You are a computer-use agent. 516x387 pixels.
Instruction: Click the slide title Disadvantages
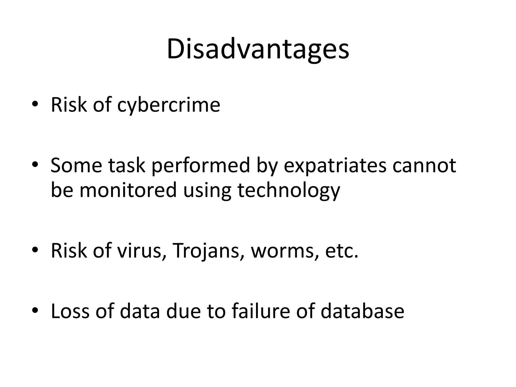click(x=258, y=49)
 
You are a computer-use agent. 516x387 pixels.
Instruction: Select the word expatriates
click(x=335, y=166)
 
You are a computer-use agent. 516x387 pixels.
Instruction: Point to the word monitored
click(x=128, y=190)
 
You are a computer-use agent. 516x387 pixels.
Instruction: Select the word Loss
click(x=70, y=311)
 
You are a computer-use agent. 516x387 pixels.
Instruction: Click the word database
click(x=362, y=311)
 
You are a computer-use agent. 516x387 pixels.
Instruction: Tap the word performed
click(x=201, y=166)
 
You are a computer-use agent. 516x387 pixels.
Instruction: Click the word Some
click(x=76, y=166)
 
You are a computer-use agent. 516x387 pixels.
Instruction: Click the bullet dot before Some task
click(x=35, y=165)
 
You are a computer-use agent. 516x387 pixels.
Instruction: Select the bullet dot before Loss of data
click(x=35, y=310)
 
